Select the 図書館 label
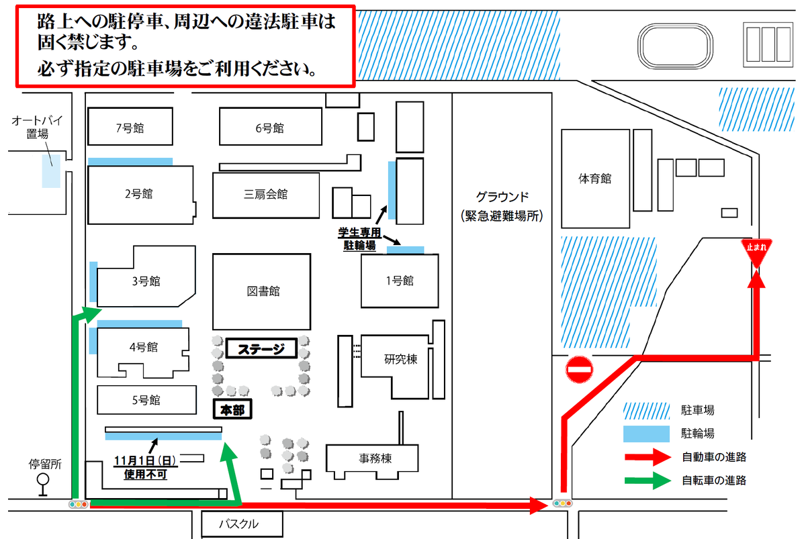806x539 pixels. coord(263,291)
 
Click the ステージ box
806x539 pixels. coord(261,349)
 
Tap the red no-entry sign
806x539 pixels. coord(580,369)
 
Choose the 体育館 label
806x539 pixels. coord(594,179)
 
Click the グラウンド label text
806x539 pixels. coord(502,197)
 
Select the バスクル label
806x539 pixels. coord(240,524)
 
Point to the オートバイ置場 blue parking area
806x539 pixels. coord(50,171)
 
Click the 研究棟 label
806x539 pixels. coord(400,360)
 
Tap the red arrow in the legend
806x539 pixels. coord(647,458)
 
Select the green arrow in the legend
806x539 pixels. coord(647,481)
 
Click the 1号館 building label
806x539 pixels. coord(400,281)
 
